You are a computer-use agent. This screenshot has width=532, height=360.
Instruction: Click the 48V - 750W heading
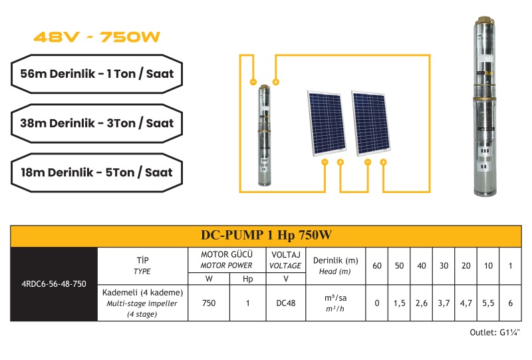tap(96, 37)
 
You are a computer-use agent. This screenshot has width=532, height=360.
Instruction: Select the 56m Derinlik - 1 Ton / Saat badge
tap(96, 74)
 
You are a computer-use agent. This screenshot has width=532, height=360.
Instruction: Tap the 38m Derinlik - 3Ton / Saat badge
tap(96, 123)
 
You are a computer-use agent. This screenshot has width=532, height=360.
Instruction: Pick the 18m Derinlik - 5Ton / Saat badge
tap(96, 172)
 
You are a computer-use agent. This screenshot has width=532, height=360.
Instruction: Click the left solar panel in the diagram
tap(327, 123)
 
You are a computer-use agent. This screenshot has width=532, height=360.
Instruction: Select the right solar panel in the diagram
tap(371, 123)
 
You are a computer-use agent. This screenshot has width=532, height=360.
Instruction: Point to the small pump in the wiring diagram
tap(264, 136)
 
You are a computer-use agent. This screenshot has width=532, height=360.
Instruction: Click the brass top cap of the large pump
tap(485, 20)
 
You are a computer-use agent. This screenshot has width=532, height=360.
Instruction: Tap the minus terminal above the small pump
tap(253, 82)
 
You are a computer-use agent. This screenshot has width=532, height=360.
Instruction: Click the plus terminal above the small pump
tap(276, 82)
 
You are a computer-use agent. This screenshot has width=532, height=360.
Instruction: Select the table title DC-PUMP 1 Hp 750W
tap(266, 235)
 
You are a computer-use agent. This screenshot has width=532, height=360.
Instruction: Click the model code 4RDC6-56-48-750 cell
tap(54, 284)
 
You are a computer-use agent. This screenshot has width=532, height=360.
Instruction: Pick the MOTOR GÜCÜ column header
tap(226, 260)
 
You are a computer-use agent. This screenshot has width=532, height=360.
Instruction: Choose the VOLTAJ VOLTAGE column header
tap(286, 260)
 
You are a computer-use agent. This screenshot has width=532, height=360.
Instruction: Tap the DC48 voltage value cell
tap(286, 303)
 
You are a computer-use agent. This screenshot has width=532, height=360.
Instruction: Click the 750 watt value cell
tap(209, 303)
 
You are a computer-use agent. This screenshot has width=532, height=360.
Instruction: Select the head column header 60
tap(377, 266)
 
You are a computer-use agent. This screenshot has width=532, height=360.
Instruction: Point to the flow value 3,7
tap(444, 303)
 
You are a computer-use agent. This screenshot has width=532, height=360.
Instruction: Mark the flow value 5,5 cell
tap(488, 303)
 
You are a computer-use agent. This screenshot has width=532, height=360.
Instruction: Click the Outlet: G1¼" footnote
tap(494, 333)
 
